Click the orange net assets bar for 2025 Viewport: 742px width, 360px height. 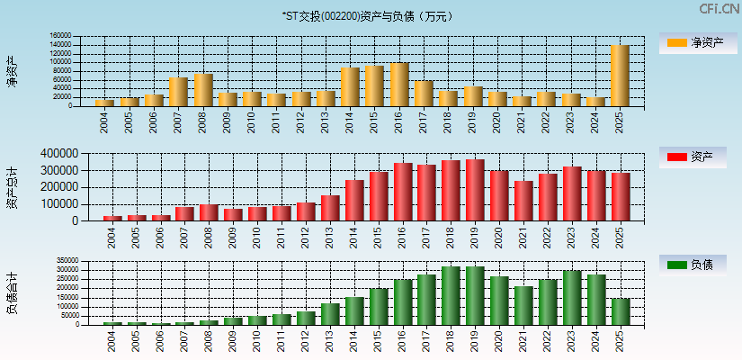point(620,76)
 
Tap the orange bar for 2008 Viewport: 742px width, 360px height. point(202,90)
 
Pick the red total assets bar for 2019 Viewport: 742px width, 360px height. point(475,190)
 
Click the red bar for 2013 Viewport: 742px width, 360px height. point(330,208)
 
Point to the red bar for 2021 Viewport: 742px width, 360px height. point(523,201)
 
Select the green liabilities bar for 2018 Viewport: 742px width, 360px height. point(451,295)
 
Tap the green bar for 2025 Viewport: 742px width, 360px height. point(620,311)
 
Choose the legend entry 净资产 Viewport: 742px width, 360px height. point(693,42)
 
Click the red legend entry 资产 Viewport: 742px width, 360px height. point(693,157)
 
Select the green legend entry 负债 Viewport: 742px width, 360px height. point(693,265)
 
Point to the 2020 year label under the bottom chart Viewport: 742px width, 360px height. point(499,340)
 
